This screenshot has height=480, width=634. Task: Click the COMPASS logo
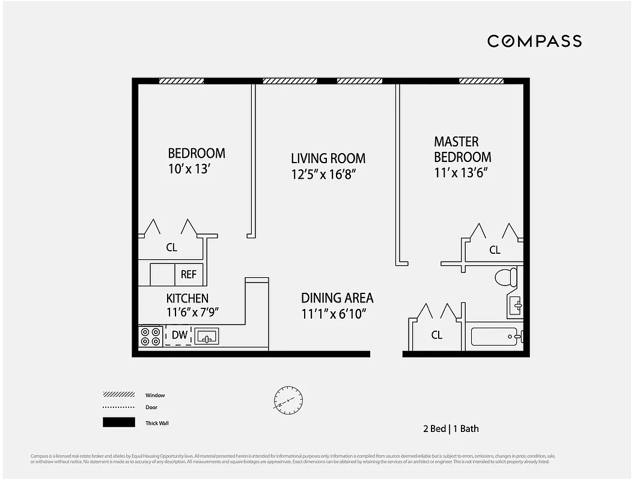tap(534, 41)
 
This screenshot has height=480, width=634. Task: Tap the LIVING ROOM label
tap(328, 158)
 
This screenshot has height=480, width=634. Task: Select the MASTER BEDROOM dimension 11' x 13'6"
tap(460, 173)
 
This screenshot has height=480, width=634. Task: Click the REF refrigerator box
tap(189, 274)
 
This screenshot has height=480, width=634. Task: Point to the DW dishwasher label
tap(179, 335)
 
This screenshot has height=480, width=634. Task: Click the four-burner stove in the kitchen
tap(150, 336)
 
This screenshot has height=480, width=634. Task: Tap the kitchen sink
tap(207, 336)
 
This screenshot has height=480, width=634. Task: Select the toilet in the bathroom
tap(507, 277)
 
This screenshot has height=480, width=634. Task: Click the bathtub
tap(496, 336)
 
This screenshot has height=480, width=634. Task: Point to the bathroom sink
tap(515, 306)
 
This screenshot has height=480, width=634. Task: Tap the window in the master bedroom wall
tap(481, 81)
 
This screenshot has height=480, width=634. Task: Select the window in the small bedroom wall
tap(181, 81)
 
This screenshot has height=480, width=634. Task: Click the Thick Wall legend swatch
tap(118, 422)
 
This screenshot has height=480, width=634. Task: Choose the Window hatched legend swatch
tap(118, 395)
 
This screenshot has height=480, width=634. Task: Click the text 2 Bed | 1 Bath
tap(451, 428)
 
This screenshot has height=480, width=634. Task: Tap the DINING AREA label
tap(337, 298)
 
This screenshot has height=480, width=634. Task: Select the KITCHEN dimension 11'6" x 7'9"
tap(192, 312)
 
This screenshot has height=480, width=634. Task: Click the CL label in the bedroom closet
tap(172, 247)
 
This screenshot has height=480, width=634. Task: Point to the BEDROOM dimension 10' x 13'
tap(189, 169)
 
